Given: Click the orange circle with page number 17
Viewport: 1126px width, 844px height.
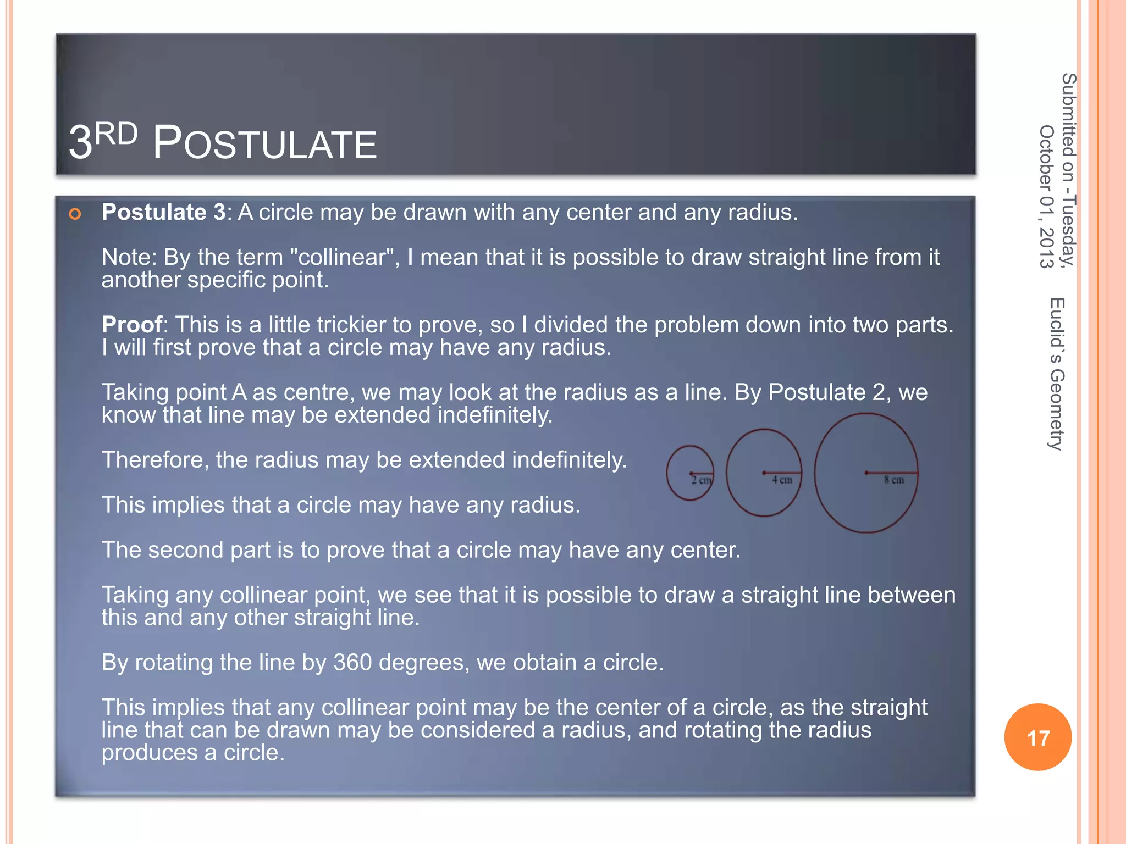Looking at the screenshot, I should (x=1037, y=737).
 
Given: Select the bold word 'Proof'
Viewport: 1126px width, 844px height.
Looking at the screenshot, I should (x=132, y=325).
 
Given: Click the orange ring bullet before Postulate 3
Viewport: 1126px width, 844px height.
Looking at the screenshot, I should (x=75, y=214).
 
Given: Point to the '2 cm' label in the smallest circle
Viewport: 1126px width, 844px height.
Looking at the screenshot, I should (x=702, y=480).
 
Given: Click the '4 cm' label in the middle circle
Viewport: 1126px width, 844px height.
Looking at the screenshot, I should (x=782, y=480).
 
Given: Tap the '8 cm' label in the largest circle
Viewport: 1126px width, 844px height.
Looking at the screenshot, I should (x=893, y=480).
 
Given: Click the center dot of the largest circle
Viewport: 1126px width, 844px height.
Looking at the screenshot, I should (x=866, y=473).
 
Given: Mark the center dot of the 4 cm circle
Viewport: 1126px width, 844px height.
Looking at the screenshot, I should (x=764, y=473).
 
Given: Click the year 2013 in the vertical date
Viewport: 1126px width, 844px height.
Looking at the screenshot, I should (x=1046, y=247).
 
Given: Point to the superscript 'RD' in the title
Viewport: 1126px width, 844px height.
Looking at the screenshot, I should (x=116, y=134).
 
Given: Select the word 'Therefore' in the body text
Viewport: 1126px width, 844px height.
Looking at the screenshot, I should (x=154, y=460).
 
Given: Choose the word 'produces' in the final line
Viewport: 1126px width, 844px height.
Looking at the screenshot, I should (x=149, y=753).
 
